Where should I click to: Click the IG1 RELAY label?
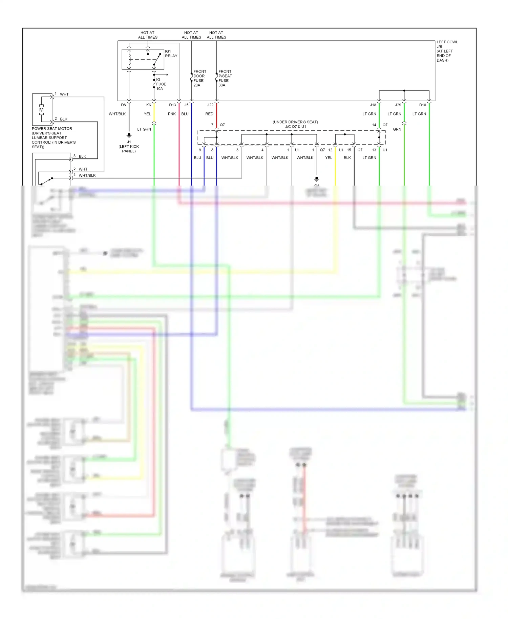coord(171,54)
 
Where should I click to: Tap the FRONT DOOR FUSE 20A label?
coord(199,78)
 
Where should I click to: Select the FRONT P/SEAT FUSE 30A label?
coord(225,78)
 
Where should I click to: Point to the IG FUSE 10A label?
coord(161,84)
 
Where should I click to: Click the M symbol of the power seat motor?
coord(41,110)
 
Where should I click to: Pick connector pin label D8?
coord(123,105)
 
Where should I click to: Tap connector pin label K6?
coord(148,105)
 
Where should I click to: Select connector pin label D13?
coord(172,105)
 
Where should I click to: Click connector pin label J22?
coord(210,105)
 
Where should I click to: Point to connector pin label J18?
coord(373,105)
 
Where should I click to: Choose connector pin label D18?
coord(422,105)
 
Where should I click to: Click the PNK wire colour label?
coord(172,114)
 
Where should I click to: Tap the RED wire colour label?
coord(209,114)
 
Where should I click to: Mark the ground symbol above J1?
coord(129,135)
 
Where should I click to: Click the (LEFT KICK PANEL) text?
coord(129,149)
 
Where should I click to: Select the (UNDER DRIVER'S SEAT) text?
coord(295,122)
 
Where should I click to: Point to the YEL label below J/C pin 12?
coord(329,158)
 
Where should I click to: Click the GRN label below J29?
coord(397,129)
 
